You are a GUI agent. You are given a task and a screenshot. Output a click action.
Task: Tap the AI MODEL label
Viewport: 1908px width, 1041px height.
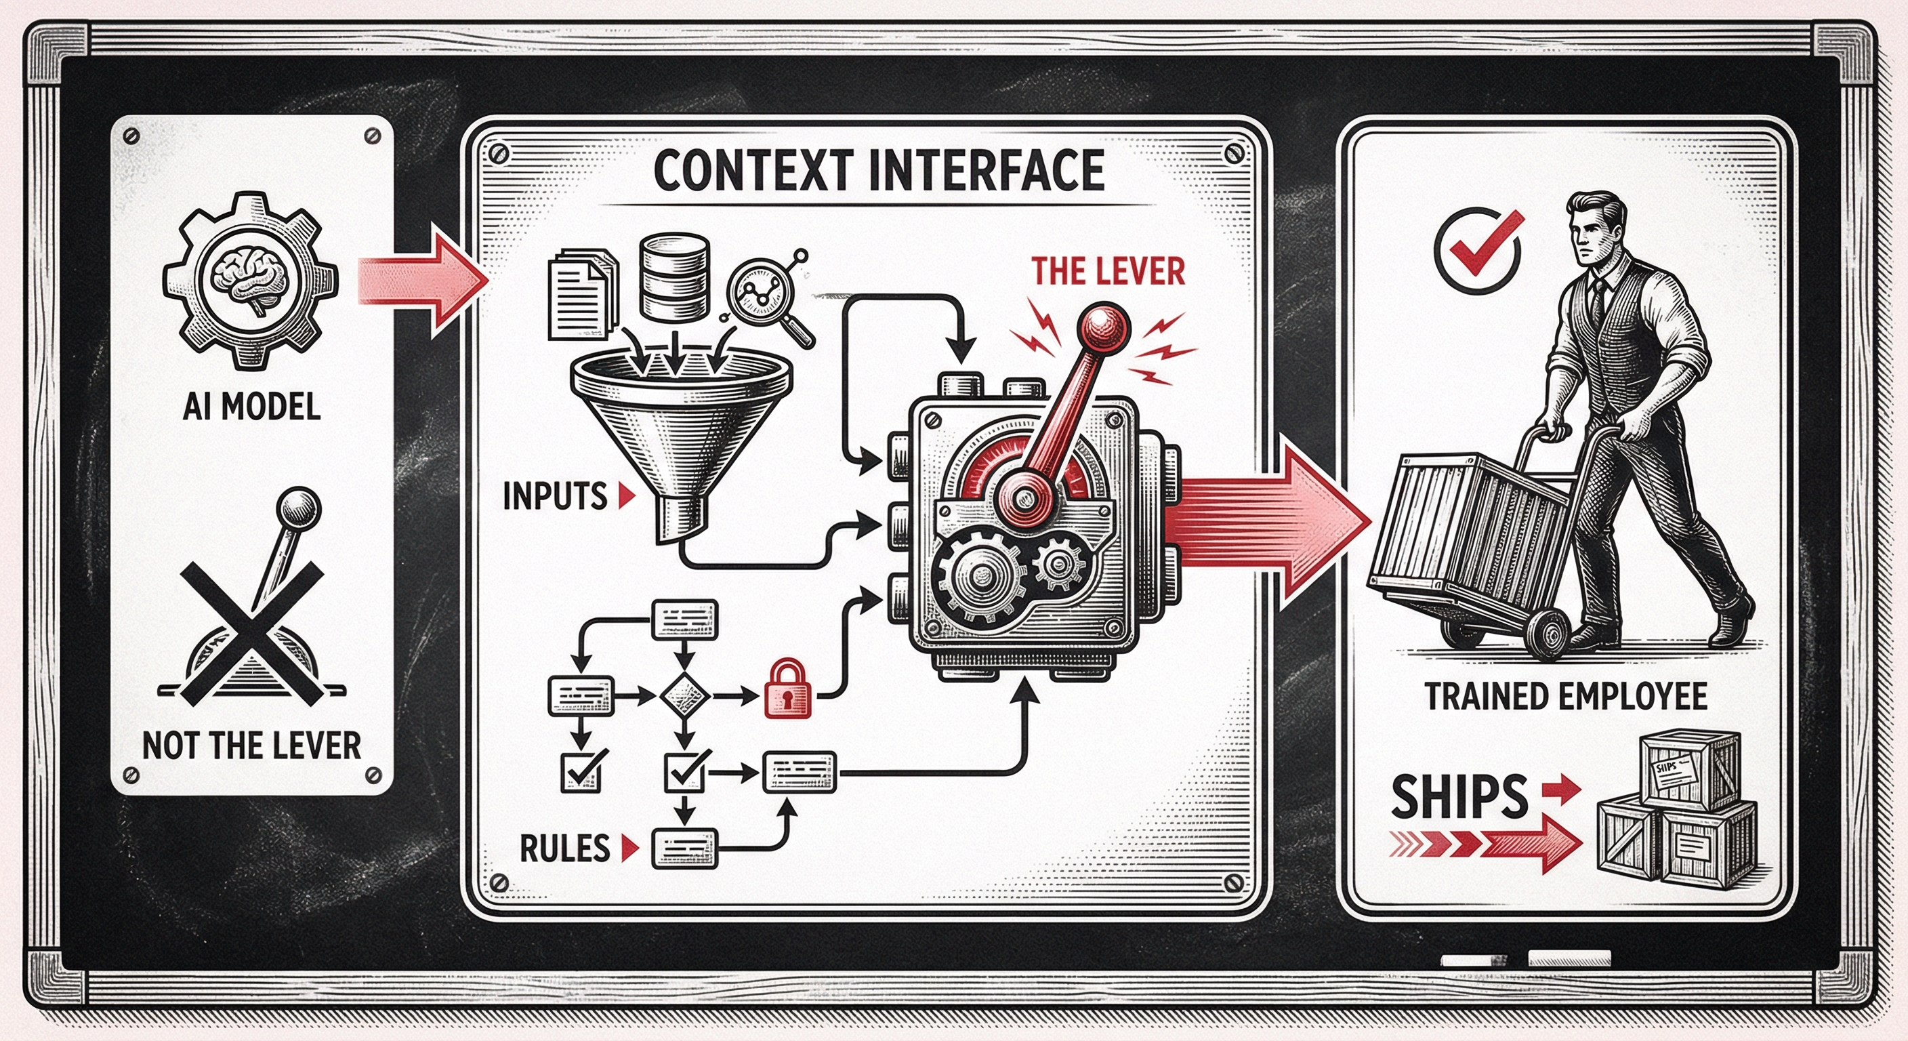click(x=252, y=407)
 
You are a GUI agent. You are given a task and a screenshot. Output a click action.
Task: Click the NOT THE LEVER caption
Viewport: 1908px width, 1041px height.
click(x=251, y=746)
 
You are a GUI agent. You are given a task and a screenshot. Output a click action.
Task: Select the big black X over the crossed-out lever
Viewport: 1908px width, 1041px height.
click(x=252, y=634)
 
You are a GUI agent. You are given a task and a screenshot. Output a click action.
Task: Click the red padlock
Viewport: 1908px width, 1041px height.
click(x=787, y=689)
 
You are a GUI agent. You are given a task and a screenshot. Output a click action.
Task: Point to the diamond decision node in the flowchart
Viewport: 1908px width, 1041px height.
click(x=684, y=697)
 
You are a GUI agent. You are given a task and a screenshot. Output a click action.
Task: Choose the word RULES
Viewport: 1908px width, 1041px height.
click(x=564, y=849)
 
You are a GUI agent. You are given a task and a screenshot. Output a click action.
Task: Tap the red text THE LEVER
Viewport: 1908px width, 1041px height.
click(x=1108, y=272)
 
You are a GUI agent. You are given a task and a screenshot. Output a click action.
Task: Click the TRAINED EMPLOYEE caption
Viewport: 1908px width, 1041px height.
click(x=1566, y=697)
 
